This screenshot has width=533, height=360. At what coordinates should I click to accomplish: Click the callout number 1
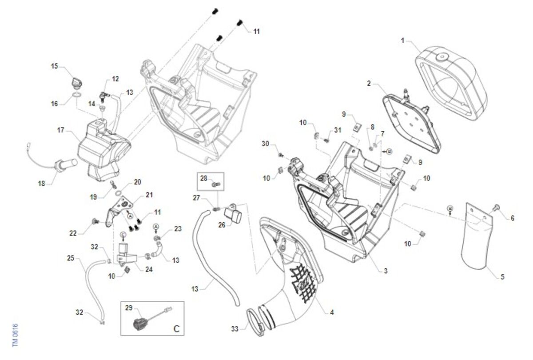[x=402, y=40]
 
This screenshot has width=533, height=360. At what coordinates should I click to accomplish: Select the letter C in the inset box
[x=176, y=329]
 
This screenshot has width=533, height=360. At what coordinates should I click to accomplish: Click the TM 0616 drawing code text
[x=15, y=335]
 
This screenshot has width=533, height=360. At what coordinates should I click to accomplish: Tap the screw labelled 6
[x=497, y=207]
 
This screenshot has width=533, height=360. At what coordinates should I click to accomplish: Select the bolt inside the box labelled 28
[x=216, y=183]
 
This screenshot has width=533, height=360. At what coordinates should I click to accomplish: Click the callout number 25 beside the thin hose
[x=71, y=257]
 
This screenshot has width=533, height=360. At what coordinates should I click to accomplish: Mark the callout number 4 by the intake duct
[x=332, y=312]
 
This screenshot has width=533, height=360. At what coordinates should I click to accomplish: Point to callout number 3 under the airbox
[x=386, y=270]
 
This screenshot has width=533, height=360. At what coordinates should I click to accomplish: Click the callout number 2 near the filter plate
[x=369, y=83]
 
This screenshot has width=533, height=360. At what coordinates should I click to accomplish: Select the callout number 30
[x=266, y=144]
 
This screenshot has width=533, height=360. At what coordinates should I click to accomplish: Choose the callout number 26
[x=221, y=224]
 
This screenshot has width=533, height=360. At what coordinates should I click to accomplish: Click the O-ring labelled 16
[x=76, y=96]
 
